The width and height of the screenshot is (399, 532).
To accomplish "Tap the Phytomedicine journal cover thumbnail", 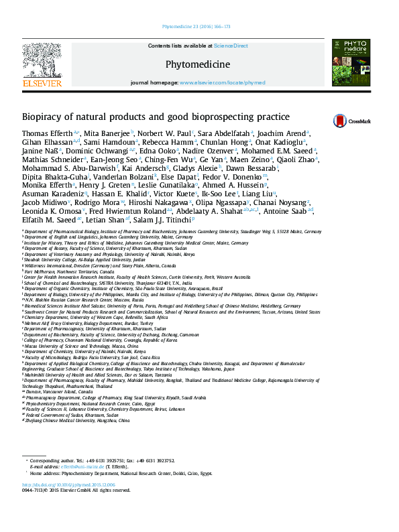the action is pos(351,62).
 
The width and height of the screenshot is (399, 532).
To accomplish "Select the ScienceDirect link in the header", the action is pos(231,46).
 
